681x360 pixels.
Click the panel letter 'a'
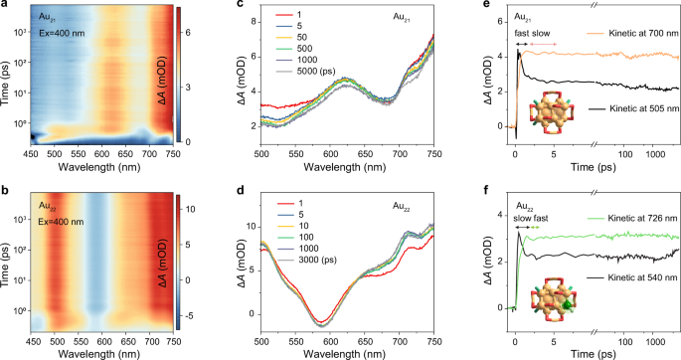point(5,6)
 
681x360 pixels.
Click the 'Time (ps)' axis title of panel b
point(8,263)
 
